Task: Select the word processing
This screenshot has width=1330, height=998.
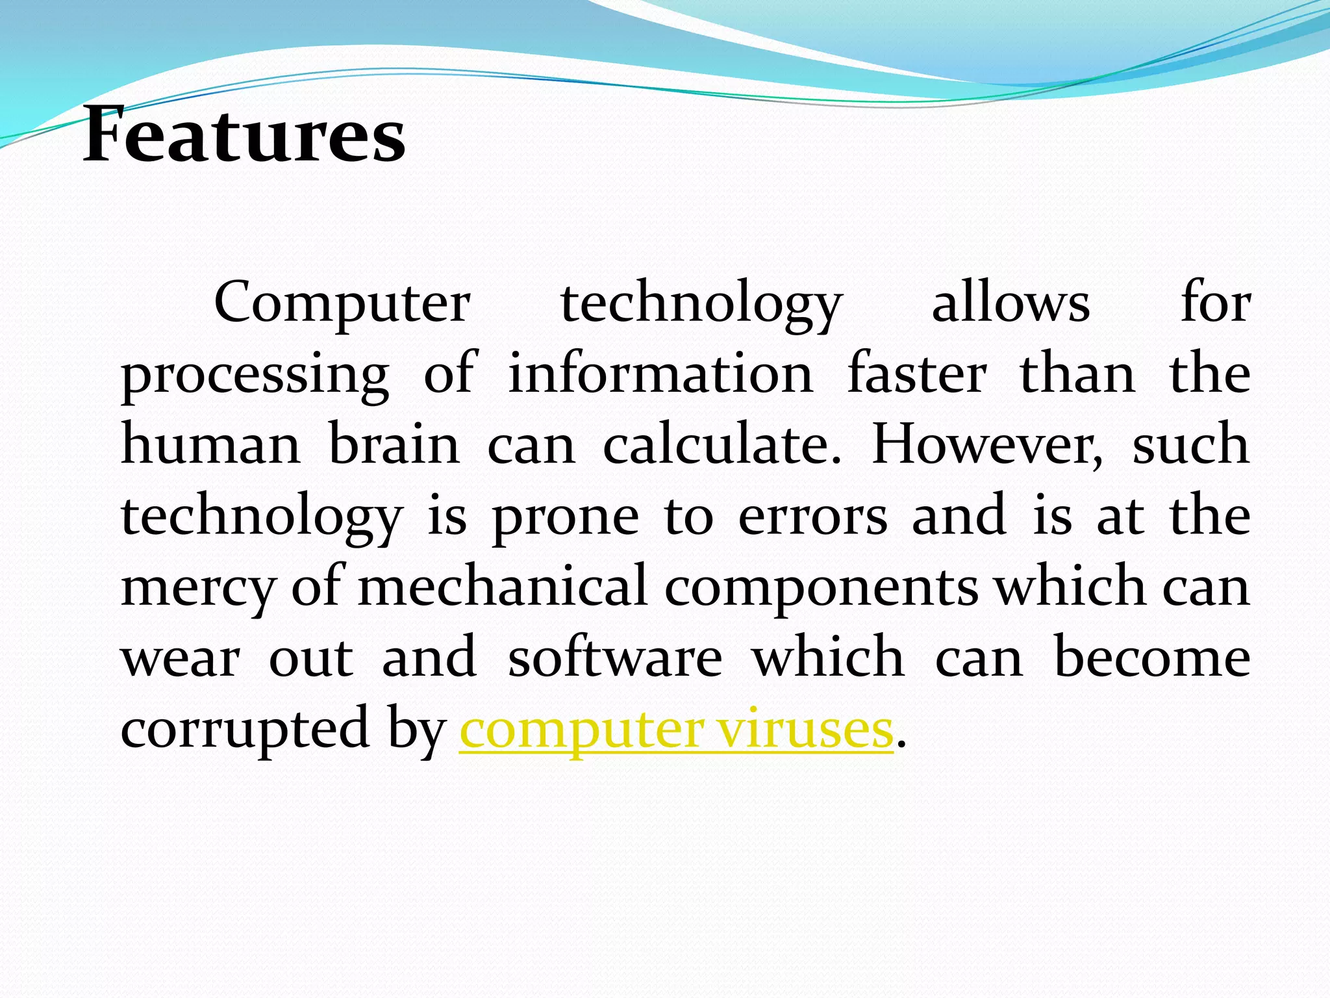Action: [255, 376]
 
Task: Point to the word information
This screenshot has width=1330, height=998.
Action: [660, 374]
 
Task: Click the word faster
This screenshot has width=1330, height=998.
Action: [917, 374]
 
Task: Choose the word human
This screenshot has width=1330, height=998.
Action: [210, 445]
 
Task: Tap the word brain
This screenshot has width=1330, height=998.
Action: [394, 445]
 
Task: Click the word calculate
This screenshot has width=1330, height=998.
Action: [721, 445]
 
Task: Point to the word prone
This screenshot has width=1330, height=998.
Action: [565, 517]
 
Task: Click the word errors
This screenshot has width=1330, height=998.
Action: [812, 517]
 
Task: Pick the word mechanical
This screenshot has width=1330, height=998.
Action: [503, 587]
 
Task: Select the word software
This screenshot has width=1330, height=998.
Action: [614, 658]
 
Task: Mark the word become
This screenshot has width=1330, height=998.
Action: [1151, 658]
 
